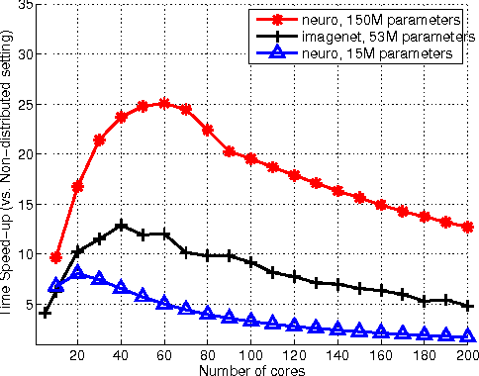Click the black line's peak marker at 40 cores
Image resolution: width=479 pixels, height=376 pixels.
(121, 226)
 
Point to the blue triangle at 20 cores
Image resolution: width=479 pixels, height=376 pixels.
(78, 273)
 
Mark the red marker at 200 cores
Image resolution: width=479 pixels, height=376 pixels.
(468, 227)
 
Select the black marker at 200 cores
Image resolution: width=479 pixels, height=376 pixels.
(468, 307)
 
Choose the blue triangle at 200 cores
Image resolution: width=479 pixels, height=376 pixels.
(468, 336)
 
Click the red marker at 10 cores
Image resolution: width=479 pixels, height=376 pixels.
(56, 257)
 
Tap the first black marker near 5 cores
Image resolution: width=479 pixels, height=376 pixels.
(46, 313)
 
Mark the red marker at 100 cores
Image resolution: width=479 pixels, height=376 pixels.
(251, 158)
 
